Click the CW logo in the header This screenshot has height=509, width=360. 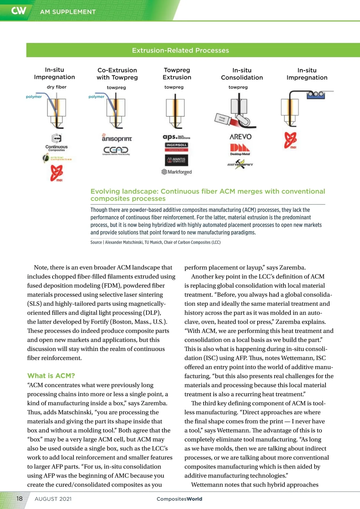(19, 11)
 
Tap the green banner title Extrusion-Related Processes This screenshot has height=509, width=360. (180, 50)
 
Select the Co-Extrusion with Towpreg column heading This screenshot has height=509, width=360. (117, 74)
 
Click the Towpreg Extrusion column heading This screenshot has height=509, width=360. (177, 73)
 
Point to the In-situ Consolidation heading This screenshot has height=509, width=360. (242, 74)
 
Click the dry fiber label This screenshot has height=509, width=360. (56, 87)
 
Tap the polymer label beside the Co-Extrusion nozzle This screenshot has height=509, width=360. (96, 97)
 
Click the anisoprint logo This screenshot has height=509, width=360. (117, 138)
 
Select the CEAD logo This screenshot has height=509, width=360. (116, 150)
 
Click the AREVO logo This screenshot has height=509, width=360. (240, 137)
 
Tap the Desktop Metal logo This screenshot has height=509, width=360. (240, 149)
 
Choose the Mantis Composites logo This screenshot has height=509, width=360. (176, 160)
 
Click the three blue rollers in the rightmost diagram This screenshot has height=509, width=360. (315, 94)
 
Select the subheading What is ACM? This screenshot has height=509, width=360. (51, 376)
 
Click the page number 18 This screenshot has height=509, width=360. (19, 499)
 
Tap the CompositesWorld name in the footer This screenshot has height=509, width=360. (179, 499)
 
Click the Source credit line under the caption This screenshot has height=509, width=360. (155, 242)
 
